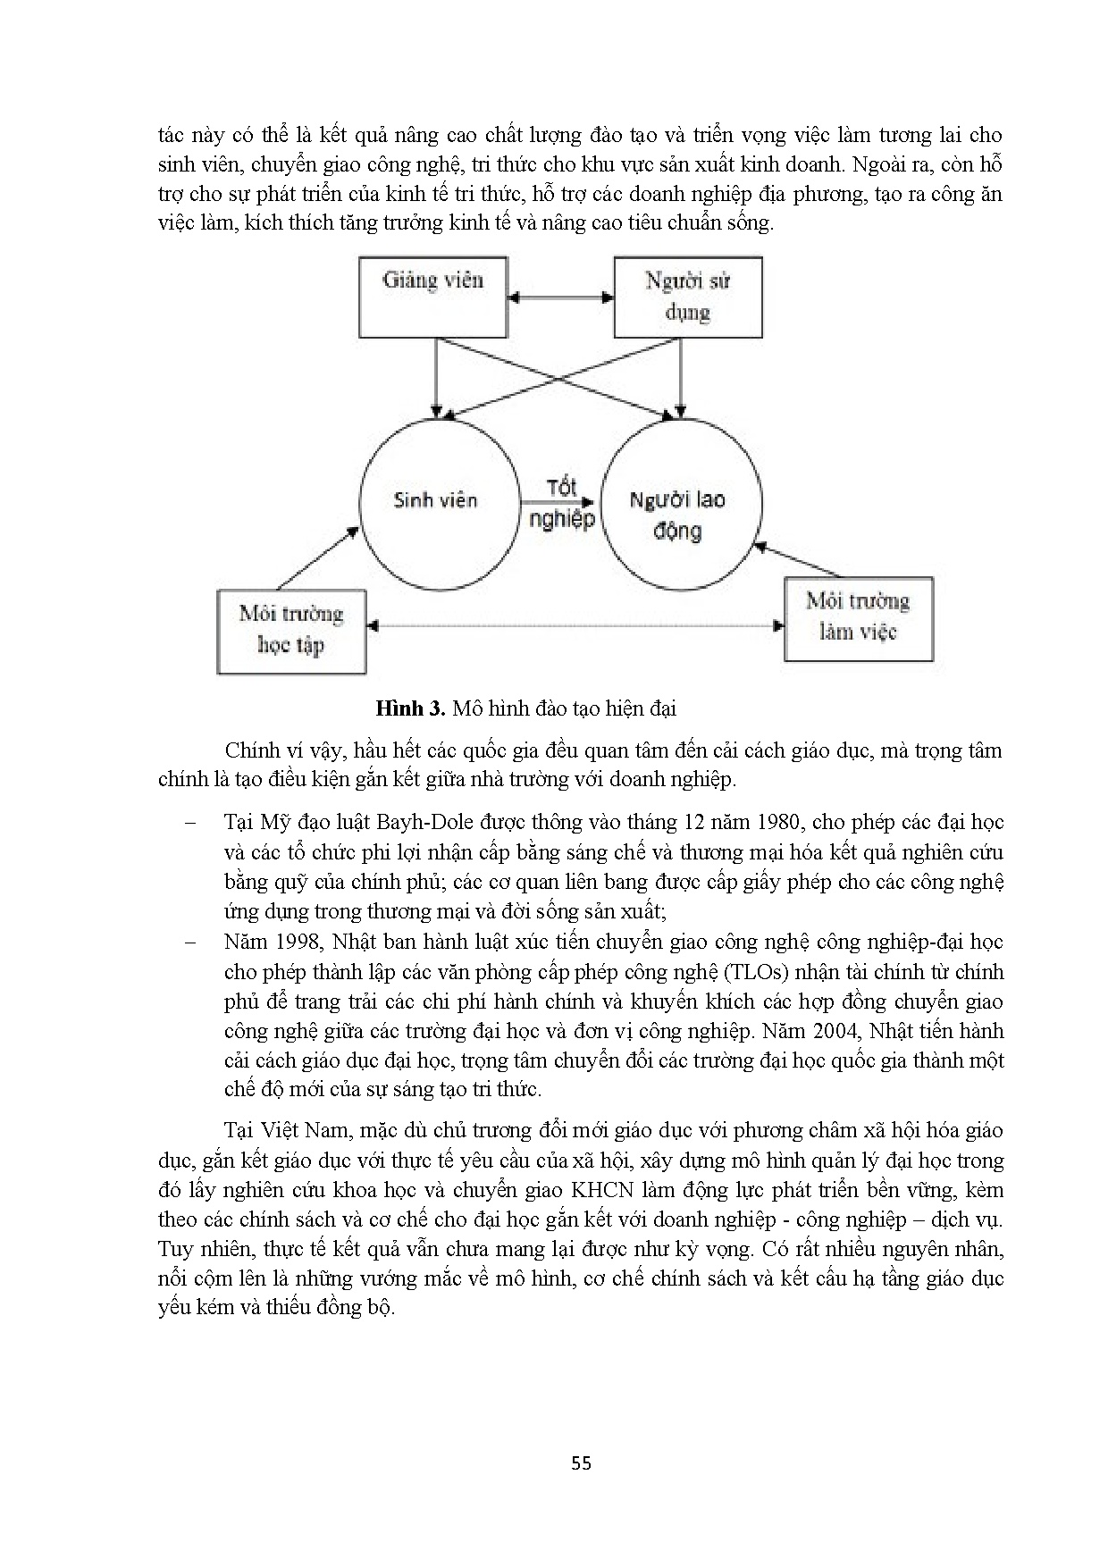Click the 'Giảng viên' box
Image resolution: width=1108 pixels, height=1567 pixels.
433,296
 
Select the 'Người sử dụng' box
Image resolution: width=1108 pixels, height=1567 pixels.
687,296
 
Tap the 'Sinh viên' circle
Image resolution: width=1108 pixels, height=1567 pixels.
438,499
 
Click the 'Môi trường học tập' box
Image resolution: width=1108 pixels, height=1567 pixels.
291,630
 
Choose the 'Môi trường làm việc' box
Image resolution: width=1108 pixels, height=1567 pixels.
858,617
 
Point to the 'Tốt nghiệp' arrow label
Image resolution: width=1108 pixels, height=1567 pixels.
561,503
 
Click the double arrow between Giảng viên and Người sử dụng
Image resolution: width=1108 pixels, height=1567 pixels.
560,297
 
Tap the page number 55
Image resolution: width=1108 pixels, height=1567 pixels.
581,1462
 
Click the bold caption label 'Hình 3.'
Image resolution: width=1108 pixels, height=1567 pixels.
410,709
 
